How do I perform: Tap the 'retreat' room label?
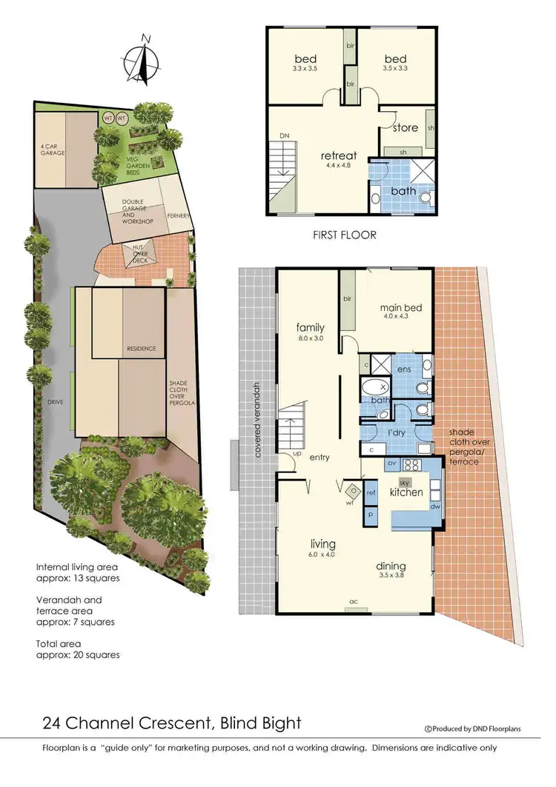338,155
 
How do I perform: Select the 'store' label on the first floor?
405,127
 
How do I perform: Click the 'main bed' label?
396,307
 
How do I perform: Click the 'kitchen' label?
406,492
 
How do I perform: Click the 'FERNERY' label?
179,216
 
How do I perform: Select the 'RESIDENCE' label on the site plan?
142,348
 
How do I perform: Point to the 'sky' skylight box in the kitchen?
404,482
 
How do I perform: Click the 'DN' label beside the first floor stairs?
284,135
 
